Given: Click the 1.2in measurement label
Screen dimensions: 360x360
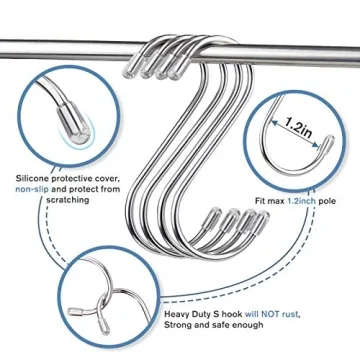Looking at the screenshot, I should click(x=296, y=127).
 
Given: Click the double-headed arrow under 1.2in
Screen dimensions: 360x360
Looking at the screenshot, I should click(x=297, y=139).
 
